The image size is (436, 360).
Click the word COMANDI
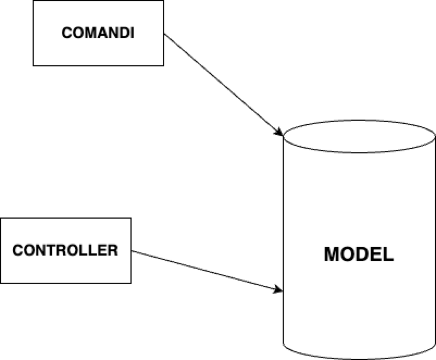point(98,33)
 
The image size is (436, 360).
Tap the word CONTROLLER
point(65,250)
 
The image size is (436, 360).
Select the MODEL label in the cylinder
point(359,254)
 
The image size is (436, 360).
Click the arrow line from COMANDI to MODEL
point(223,84)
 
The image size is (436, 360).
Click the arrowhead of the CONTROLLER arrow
point(279,290)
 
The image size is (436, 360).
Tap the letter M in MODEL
point(332,254)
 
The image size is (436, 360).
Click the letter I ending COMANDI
point(132,33)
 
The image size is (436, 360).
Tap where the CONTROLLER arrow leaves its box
point(132,251)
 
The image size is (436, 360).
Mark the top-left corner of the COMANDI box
point(34,2)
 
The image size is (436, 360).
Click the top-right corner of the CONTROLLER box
point(131,218)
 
